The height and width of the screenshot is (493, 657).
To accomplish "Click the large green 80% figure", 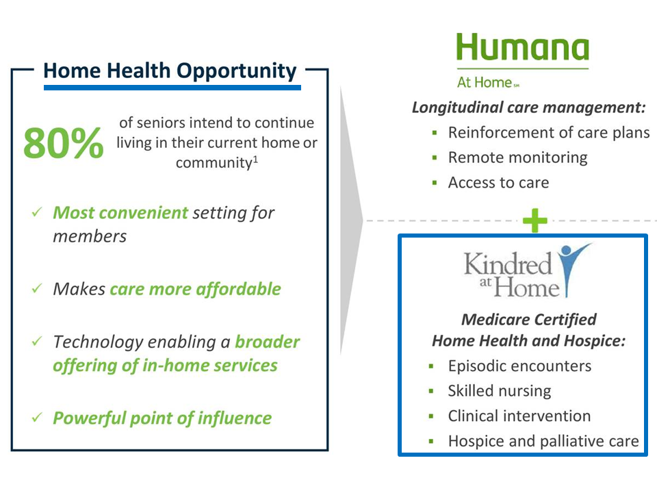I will (x=64, y=142).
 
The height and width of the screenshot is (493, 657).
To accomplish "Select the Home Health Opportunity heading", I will (x=170, y=71).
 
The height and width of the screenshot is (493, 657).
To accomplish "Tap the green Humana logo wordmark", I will (x=522, y=49).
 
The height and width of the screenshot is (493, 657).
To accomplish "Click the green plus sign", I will (x=535, y=220).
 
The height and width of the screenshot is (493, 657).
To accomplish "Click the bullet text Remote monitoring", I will (x=517, y=157).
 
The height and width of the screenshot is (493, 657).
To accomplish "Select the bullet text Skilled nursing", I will (x=499, y=391).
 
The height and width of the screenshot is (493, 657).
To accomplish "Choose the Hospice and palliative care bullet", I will (x=543, y=442).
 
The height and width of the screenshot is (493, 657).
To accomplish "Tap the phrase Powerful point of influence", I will (x=162, y=418).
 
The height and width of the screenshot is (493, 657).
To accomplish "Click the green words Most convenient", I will (x=120, y=212).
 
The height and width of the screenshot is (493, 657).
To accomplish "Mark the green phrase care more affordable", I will (x=195, y=289).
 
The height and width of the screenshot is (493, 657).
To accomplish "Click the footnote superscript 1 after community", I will (x=255, y=160).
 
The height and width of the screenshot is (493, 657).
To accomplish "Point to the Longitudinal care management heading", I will (x=529, y=108).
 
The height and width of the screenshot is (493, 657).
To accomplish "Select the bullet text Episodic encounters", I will (x=519, y=366).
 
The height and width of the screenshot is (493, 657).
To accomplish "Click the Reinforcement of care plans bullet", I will (x=549, y=132).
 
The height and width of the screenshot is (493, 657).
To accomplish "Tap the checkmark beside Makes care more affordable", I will (x=38, y=290).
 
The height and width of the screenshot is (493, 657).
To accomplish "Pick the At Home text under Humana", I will (x=485, y=83).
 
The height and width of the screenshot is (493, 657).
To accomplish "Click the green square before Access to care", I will (x=434, y=183).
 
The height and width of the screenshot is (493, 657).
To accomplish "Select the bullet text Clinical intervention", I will (x=519, y=416).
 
